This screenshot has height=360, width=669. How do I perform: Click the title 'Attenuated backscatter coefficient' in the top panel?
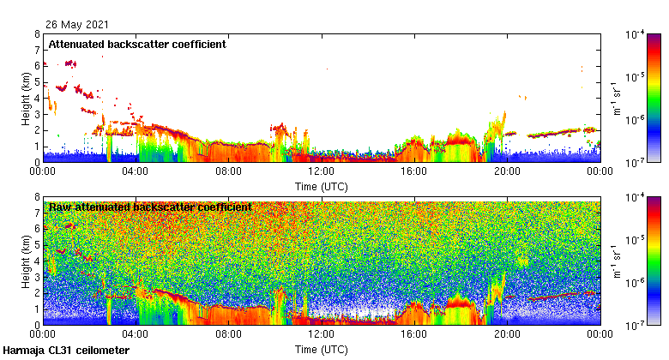point(137,45)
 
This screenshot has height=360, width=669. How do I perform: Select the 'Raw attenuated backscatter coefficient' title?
point(150,207)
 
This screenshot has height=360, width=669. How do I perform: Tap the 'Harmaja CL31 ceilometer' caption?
point(66,351)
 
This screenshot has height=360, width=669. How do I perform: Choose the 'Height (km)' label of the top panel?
point(26,99)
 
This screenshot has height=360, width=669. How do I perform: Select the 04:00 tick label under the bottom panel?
point(136,335)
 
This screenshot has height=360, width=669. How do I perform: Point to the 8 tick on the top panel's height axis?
point(36,35)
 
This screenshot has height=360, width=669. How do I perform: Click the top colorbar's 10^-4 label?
point(636,34)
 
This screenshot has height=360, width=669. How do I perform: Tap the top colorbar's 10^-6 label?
point(636,119)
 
